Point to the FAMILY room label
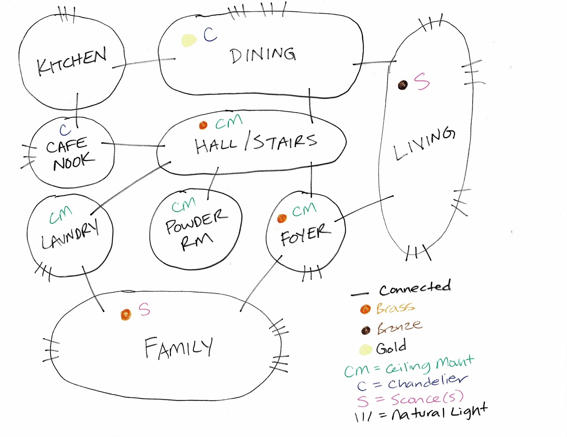179,348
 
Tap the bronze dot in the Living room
403,85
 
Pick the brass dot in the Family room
126,315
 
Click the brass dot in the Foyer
282,218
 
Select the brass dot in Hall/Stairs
203,125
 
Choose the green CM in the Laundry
61,215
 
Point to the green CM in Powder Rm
183,205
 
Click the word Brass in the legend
395,308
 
